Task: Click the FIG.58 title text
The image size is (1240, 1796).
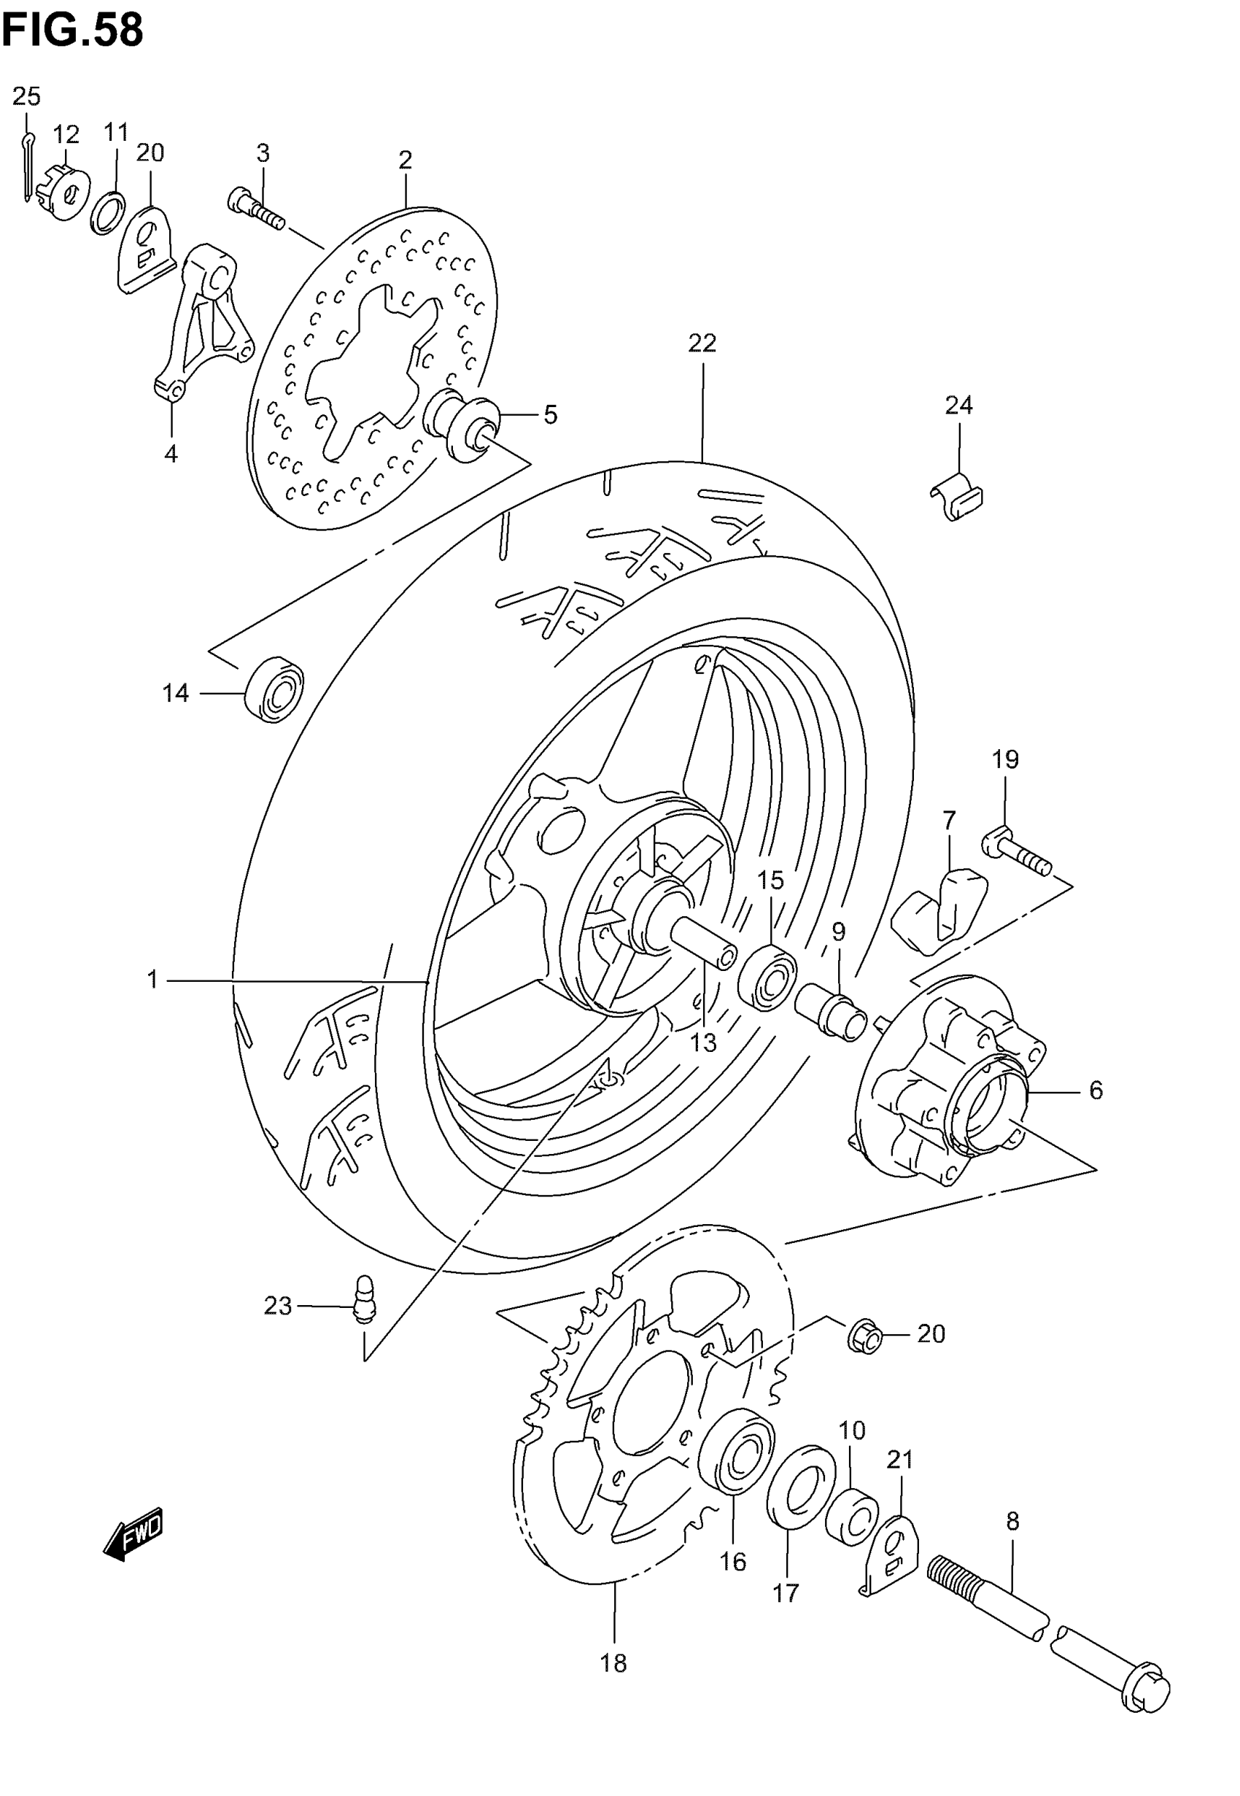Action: [72, 31]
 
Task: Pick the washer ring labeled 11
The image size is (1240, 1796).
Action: [108, 212]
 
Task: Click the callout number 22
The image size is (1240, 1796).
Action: [702, 343]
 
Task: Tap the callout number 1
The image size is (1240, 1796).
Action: [152, 980]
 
